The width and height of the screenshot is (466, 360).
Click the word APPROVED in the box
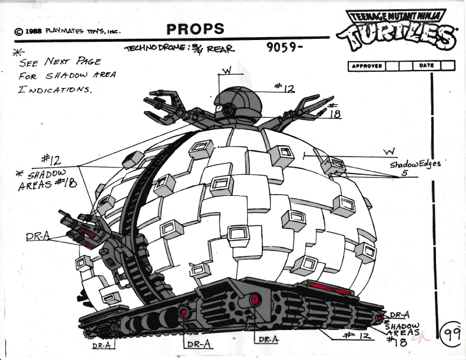click(367, 66)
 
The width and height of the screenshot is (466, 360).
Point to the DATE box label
click(427, 66)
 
